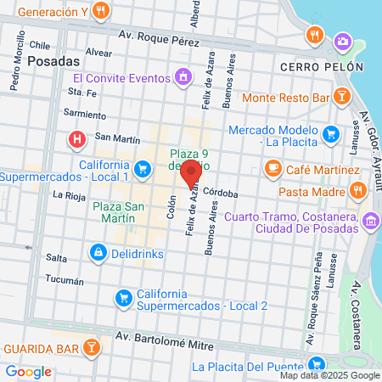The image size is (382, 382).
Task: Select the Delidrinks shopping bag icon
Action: point(99,252)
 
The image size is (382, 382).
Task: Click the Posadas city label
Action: point(53,61)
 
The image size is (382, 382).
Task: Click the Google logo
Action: point(29,371)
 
